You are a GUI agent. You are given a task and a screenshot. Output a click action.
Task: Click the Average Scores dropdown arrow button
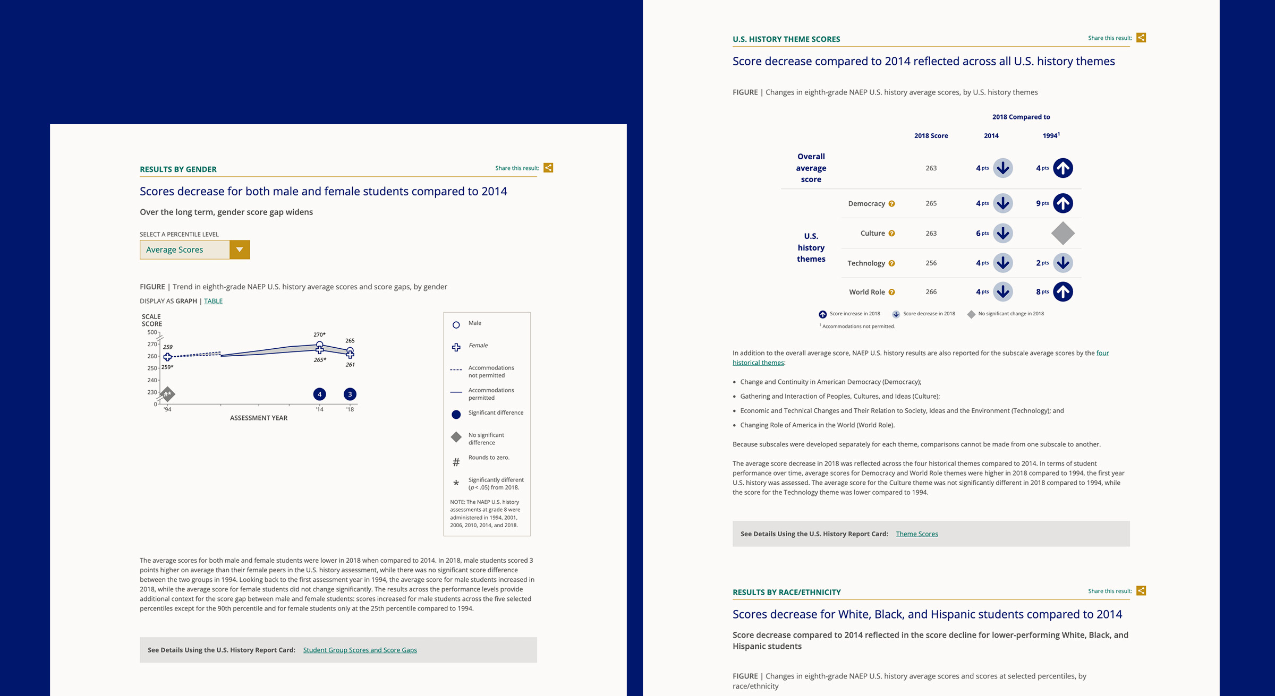(x=240, y=250)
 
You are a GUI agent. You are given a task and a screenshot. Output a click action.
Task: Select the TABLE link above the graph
(x=213, y=301)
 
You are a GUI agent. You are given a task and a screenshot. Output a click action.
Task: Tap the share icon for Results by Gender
(x=548, y=168)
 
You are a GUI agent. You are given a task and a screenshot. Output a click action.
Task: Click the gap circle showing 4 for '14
(x=319, y=394)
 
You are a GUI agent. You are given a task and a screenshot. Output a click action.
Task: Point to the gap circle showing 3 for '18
(x=350, y=394)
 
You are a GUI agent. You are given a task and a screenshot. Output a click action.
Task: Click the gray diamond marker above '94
(x=167, y=394)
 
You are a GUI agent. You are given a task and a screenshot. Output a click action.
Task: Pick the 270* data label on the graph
(x=319, y=334)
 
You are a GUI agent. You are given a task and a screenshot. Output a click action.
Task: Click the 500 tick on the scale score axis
(x=152, y=332)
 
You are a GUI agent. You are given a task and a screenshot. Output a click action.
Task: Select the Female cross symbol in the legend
(x=456, y=347)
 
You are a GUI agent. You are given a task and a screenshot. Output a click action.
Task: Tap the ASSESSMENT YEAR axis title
(x=259, y=418)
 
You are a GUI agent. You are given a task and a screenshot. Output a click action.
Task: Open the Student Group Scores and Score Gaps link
(x=360, y=650)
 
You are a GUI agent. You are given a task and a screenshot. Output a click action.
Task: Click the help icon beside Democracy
(x=891, y=204)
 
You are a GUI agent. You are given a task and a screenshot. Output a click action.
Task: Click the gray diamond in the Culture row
(x=1062, y=233)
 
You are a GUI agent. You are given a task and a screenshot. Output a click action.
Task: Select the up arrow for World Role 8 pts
(x=1062, y=291)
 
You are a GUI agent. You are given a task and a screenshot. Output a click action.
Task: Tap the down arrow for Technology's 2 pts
(x=1062, y=263)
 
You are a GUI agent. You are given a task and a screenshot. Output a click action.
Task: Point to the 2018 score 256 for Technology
(x=931, y=263)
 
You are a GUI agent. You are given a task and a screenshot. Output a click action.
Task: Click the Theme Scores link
(x=917, y=534)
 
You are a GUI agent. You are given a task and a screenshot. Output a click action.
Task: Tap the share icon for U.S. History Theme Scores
(x=1141, y=38)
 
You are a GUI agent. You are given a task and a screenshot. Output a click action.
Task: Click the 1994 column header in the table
(x=1051, y=135)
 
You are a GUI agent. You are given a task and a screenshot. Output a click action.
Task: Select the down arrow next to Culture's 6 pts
(x=1002, y=233)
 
